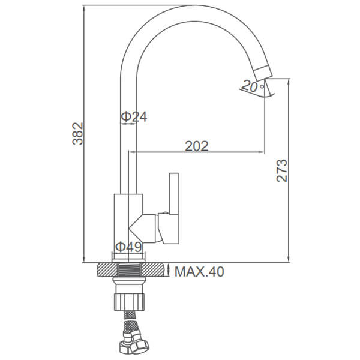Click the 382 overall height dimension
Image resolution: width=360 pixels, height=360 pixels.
77,133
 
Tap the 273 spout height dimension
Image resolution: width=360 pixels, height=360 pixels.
282,170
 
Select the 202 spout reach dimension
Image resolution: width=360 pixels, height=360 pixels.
197,146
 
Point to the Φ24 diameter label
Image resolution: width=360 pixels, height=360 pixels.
134,116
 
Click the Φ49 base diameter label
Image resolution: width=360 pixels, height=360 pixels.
128,247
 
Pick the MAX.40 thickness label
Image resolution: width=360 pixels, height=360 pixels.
199,272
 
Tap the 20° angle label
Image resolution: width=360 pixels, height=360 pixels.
253,86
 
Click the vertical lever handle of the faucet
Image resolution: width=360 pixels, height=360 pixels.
174,194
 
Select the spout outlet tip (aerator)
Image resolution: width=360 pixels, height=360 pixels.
263,73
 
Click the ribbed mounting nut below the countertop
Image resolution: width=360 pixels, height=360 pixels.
129,301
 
